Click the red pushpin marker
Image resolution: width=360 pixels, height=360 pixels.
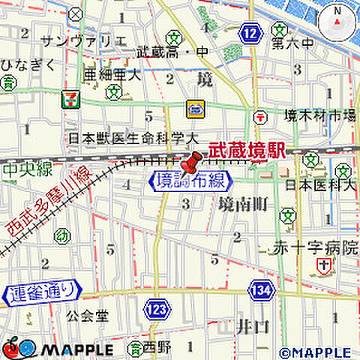tap(191, 161)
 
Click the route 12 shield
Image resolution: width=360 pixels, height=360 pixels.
tap(251, 31)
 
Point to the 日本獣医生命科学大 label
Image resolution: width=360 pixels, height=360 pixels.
tap(133, 138)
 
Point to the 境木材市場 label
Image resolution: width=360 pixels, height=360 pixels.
tap(319, 115)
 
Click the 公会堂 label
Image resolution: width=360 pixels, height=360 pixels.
tap(88, 316)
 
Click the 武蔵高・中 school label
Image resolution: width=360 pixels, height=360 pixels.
tap(172, 52)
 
